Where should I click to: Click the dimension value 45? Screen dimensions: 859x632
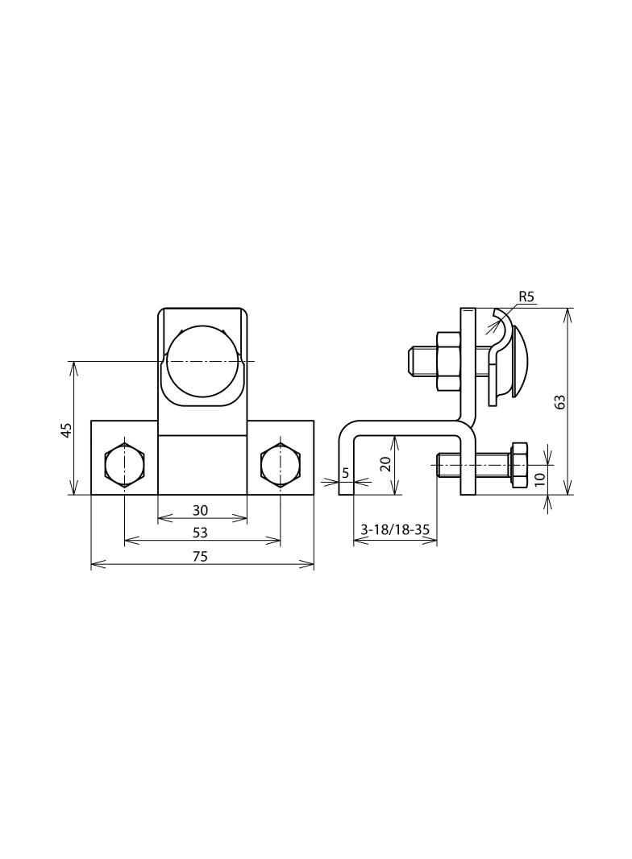point(67,429)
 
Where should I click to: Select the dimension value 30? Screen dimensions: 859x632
point(201,510)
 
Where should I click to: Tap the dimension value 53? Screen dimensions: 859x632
point(201,533)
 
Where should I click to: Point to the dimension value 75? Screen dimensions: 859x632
point(201,556)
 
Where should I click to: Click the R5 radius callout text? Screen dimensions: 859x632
point(526,297)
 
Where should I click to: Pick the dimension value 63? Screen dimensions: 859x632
point(560,400)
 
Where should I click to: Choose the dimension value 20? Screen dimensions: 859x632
point(385,465)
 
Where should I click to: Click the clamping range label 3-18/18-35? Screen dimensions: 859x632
point(395,530)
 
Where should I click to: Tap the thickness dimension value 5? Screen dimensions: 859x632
point(345,473)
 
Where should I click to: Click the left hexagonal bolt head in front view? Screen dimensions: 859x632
point(125,465)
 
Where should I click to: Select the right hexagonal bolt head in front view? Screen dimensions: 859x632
point(281,465)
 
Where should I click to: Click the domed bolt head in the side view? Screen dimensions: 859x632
point(518,360)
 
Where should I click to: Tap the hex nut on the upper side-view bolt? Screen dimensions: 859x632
point(447,360)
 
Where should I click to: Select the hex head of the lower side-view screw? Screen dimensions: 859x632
point(519,464)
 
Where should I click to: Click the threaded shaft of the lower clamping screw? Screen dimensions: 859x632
point(476,464)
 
